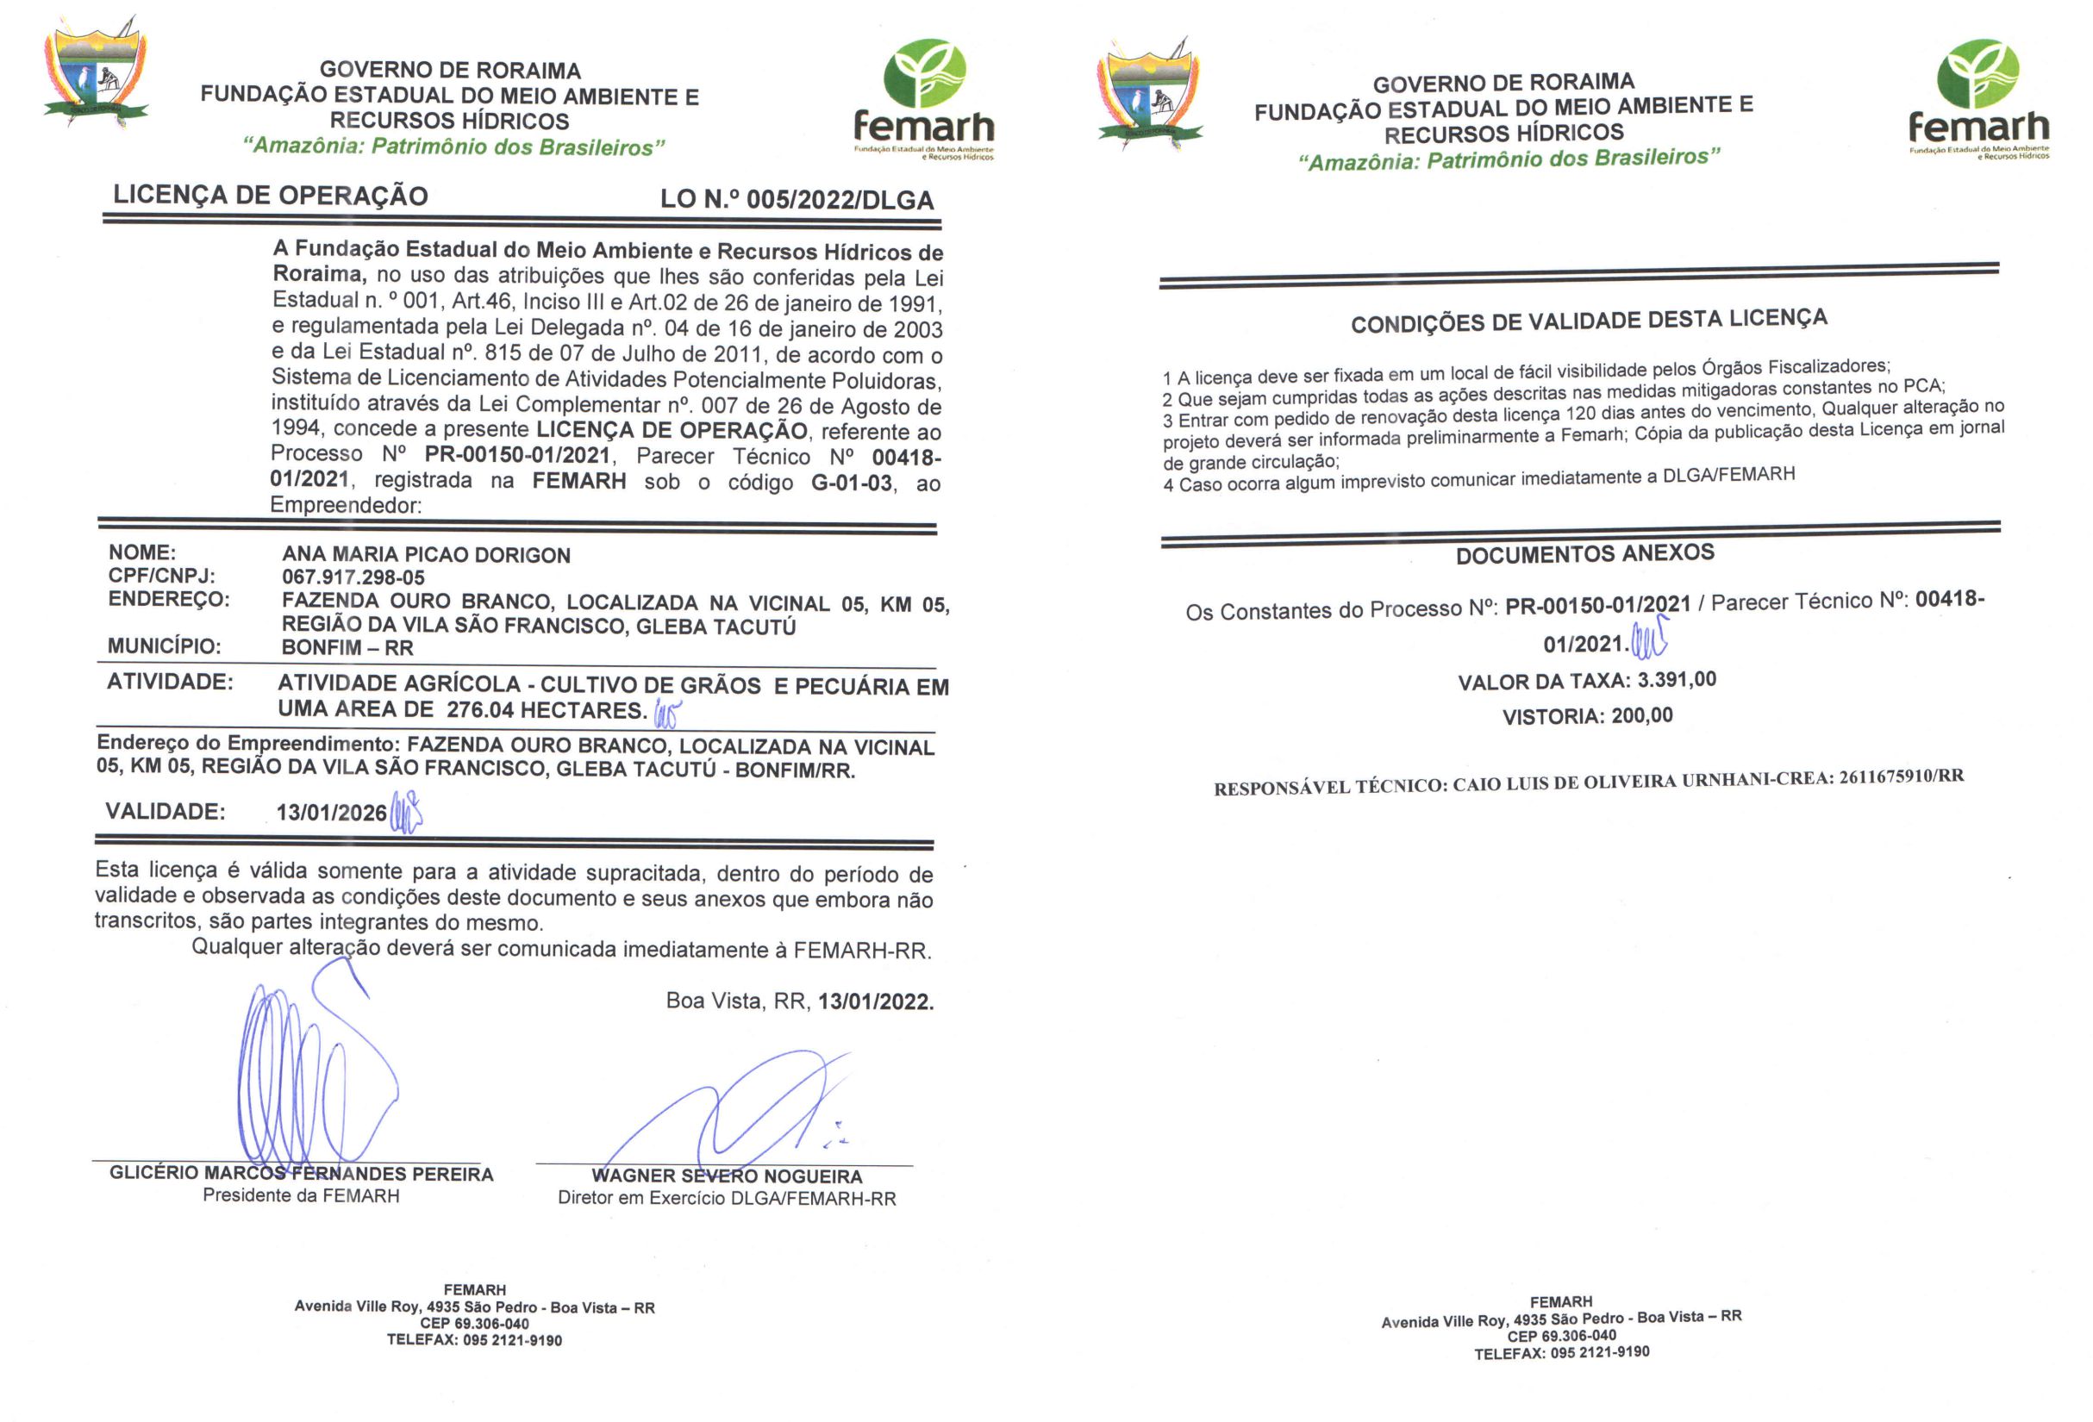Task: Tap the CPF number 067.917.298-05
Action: point(353,577)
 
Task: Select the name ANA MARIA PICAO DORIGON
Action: point(426,555)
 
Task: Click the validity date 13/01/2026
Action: point(331,813)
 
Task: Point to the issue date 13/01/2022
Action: point(875,1001)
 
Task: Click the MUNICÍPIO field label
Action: point(164,646)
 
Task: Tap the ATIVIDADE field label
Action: point(169,682)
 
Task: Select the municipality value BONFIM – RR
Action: point(347,647)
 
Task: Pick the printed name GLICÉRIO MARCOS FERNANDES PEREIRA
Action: point(301,1174)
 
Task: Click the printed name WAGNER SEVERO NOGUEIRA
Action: point(727,1176)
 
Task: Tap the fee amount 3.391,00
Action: point(1676,680)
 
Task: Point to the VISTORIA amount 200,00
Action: point(1642,716)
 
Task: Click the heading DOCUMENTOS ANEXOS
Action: point(1584,554)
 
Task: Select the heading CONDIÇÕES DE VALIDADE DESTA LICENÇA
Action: point(1589,321)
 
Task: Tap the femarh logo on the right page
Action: point(1977,99)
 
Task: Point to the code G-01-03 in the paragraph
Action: point(851,483)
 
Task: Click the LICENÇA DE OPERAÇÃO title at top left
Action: point(270,196)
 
